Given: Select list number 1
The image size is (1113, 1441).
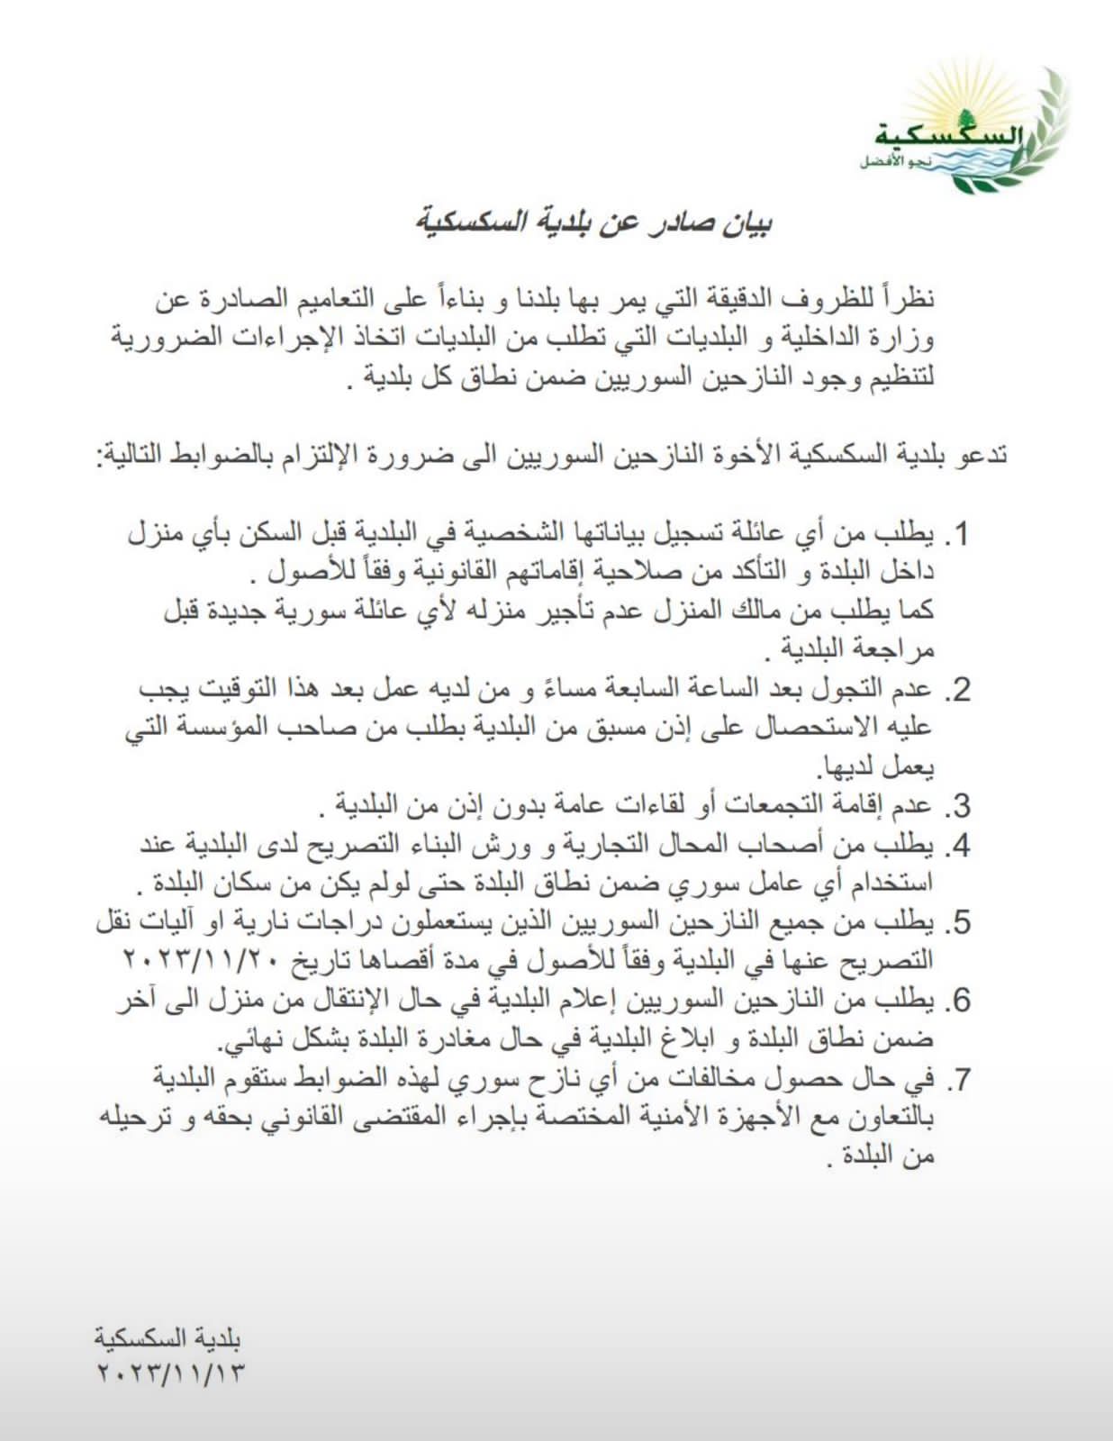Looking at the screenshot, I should click(956, 534).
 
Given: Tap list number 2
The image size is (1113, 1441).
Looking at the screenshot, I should click(956, 690).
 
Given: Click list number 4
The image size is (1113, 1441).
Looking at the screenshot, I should click(956, 846).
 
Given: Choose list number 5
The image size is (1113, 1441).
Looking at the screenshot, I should click(956, 923).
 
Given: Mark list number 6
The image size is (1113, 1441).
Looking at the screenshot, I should click(956, 1001).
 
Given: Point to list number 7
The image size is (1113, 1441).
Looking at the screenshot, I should click(956, 1079).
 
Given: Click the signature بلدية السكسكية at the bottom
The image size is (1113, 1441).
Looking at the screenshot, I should click(168, 1338).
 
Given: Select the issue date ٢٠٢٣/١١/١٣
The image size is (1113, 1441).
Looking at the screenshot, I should click(170, 1374).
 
